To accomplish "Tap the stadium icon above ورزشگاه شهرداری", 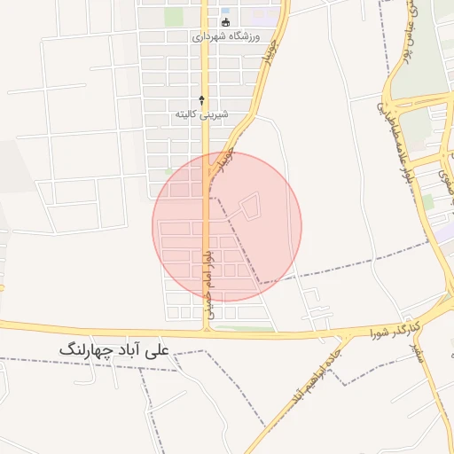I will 224,22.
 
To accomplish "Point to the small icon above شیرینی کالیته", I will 202,99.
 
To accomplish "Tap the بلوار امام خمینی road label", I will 207,279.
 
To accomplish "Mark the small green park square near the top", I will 173,17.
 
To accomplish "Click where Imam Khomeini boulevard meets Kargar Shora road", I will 207,330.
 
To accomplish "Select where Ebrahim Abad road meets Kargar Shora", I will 340,336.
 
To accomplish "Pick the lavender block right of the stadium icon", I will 262,14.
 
